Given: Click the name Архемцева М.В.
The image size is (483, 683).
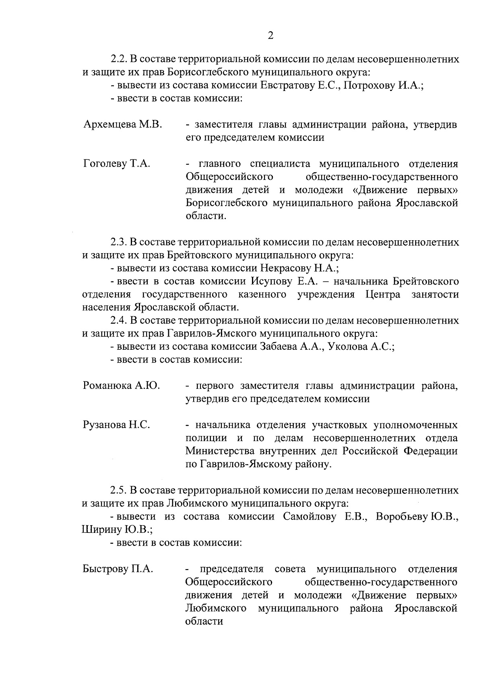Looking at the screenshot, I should click(x=122, y=125).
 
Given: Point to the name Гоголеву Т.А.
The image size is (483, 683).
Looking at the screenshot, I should click(x=117, y=164).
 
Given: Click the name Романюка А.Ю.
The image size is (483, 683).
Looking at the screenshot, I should click(x=122, y=386).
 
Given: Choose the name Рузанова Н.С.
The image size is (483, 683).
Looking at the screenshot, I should click(x=116, y=425).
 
